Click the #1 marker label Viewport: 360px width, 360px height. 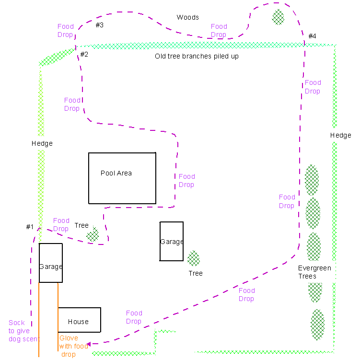(30, 227)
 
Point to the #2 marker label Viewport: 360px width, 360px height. (84, 54)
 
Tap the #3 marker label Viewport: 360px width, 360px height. (100, 25)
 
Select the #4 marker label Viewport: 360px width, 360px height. (312, 36)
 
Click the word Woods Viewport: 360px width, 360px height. (187, 17)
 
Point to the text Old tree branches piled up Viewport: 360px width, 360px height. (197, 56)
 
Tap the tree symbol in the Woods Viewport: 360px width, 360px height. (278, 17)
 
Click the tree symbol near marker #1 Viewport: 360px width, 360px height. (93, 234)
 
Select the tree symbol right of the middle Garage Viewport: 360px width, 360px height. (194, 258)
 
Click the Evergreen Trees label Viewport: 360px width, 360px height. (314, 272)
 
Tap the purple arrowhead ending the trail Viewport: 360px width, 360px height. (89, 344)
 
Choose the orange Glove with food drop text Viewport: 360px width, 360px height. (74, 346)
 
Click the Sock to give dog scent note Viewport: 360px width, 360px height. (24, 331)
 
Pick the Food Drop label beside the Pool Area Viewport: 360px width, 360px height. (187, 180)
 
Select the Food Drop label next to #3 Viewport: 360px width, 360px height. (66, 30)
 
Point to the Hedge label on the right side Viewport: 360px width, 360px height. (341, 136)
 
